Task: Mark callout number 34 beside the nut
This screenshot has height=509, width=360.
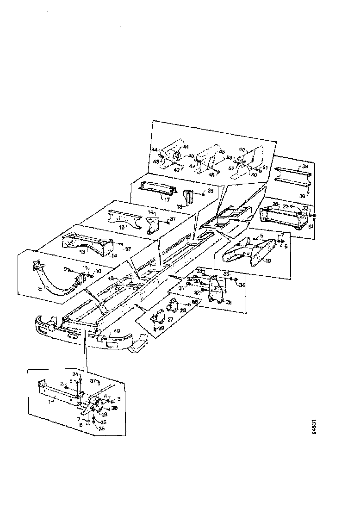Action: [x=241, y=286]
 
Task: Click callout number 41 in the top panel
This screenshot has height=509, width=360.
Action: [x=185, y=147]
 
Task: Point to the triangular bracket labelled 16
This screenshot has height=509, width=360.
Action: [x=154, y=226]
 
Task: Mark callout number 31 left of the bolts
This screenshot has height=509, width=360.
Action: [x=182, y=288]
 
